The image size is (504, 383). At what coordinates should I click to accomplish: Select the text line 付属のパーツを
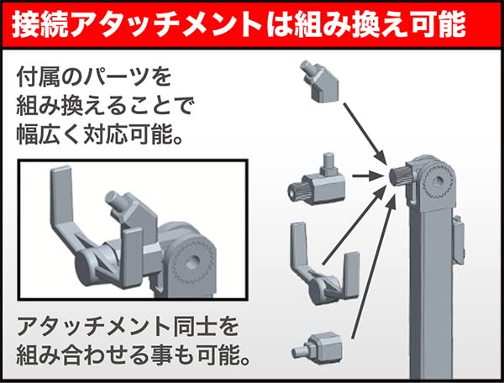93,78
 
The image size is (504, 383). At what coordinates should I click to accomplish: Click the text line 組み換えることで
104,107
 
